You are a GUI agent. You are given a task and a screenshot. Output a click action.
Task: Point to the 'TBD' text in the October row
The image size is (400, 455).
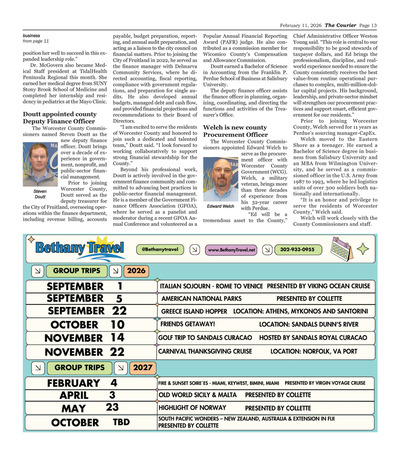click(x=120, y=423)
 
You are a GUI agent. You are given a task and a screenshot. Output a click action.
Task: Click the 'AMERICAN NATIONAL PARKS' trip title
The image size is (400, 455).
click(x=198, y=298)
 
